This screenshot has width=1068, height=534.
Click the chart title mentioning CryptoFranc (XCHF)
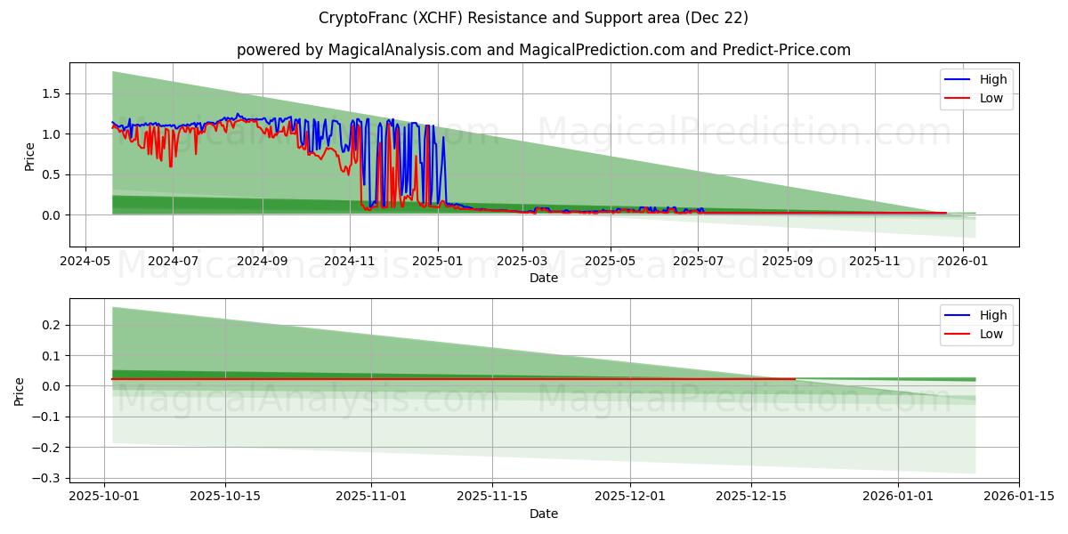pyautogui.click(x=533, y=18)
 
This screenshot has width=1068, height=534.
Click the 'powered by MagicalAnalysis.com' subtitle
pyautogui.click(x=543, y=50)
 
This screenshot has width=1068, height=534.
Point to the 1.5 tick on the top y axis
pyautogui.click(x=50, y=93)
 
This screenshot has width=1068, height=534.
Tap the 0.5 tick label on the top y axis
pyautogui.click(x=50, y=174)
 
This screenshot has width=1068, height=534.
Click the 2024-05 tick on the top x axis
pyautogui.click(x=85, y=262)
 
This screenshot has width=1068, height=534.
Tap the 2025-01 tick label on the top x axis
pyautogui.click(x=437, y=262)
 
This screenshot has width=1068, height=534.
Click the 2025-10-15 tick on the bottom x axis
pyautogui.click(x=224, y=497)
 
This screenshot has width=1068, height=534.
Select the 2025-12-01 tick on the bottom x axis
pyautogui.click(x=630, y=497)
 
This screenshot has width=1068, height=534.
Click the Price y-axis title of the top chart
pyautogui.click(x=30, y=157)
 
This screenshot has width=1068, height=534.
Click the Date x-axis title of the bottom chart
pyautogui.click(x=544, y=514)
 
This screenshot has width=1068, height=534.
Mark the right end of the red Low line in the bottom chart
pyautogui.click(x=795, y=379)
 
